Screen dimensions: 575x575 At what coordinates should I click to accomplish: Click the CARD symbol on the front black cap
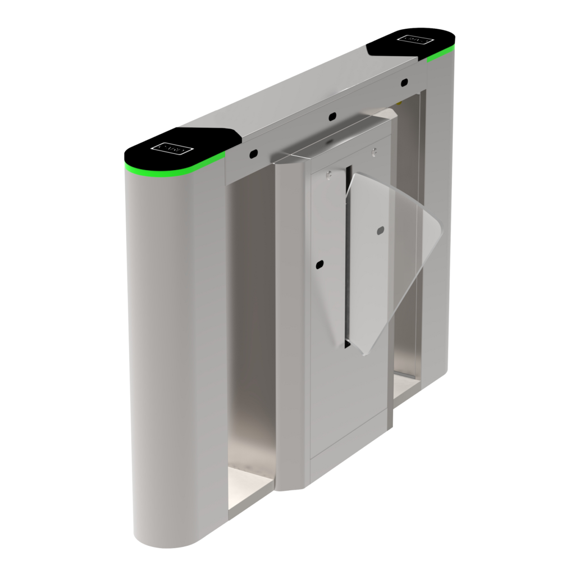[x=172, y=148]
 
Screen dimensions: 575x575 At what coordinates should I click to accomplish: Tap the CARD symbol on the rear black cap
[x=415, y=39]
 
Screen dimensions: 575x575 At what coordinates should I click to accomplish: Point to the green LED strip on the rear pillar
[x=440, y=55]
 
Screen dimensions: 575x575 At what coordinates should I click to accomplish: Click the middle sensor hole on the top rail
[x=332, y=116]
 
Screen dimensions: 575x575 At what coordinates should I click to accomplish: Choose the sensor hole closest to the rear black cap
[x=404, y=83]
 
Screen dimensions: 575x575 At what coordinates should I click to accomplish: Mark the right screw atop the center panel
[x=374, y=150]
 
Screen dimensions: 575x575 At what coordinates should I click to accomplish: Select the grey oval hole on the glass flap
[x=381, y=230]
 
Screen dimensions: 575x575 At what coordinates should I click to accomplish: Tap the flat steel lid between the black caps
[x=303, y=95]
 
